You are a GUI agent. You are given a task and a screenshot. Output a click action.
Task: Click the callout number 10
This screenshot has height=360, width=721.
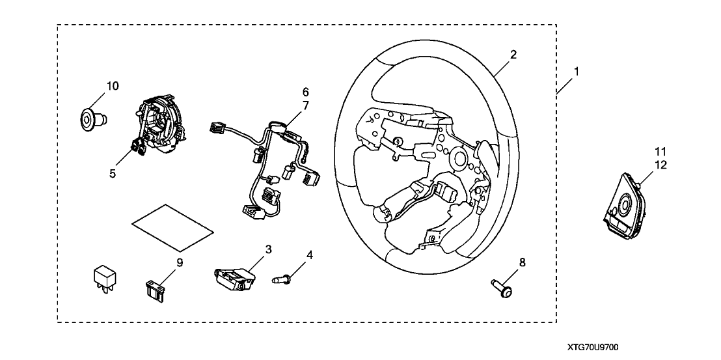click(x=113, y=85)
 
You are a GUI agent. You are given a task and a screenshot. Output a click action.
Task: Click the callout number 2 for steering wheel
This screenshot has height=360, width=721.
click(x=513, y=55)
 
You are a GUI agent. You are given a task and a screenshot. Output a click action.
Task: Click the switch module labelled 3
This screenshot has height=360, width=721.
click(x=233, y=277)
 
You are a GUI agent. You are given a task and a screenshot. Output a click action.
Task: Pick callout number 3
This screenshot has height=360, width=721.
click(x=267, y=249)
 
